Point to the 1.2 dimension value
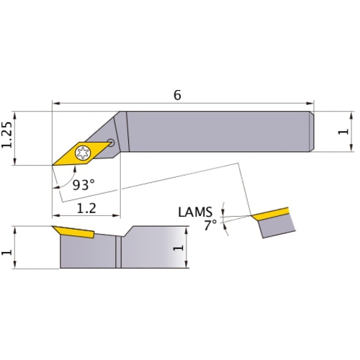87,208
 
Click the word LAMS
194,212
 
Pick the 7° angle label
210,225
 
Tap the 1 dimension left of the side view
8,248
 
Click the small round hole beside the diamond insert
110,142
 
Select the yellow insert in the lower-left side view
74,233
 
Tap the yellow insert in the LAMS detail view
270,214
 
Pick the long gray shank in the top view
216,131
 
